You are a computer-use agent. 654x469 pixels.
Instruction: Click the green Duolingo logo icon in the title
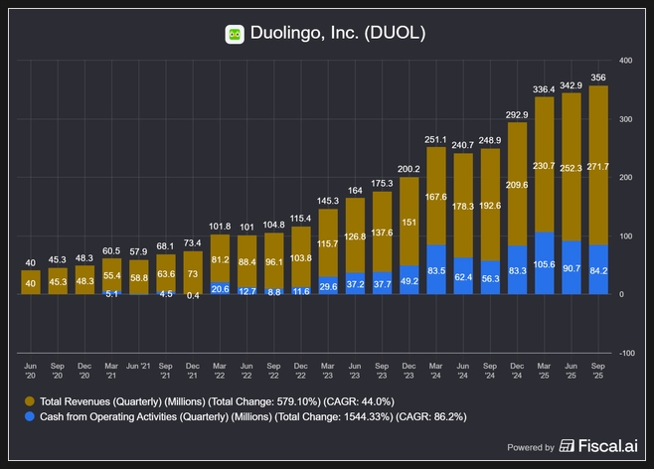click(235, 34)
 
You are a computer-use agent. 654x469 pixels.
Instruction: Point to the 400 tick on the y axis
click(625, 61)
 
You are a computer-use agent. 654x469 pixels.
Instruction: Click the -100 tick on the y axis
click(625, 353)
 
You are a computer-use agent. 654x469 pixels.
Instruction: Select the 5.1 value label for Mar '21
click(112, 293)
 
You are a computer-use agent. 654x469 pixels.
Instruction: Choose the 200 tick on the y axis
click(625, 178)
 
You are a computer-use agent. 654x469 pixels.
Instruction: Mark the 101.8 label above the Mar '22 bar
click(220, 227)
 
